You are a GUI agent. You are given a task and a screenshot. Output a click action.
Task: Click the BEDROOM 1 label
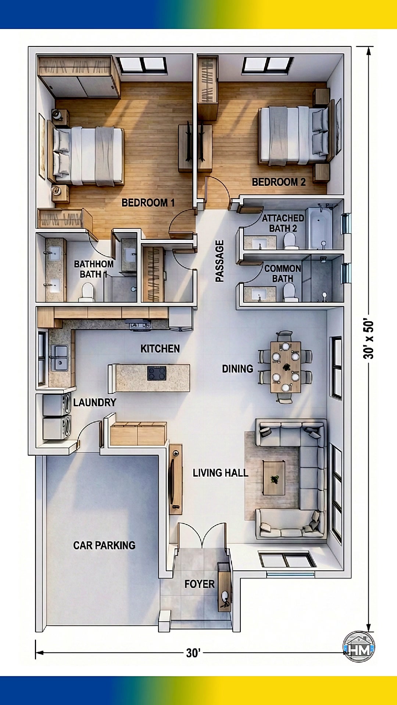pos(148,203)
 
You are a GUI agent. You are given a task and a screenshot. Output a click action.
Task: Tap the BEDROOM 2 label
pos(279,182)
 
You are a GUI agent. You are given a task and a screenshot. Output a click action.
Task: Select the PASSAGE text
pos(219,261)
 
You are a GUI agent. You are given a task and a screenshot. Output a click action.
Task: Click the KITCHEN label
pos(160,348)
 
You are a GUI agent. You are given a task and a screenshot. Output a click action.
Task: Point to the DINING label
pos(237,369)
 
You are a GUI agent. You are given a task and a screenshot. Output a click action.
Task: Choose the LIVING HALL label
pos(221,473)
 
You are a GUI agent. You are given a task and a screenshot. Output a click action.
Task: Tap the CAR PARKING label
pos(104,545)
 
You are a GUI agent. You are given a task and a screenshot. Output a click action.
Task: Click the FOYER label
pos(199,584)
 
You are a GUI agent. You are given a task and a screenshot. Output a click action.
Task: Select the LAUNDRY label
pos(94,402)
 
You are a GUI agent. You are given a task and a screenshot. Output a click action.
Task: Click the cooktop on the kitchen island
pos(157,373)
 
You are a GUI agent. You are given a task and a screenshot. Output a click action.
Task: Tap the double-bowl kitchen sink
pos(59,358)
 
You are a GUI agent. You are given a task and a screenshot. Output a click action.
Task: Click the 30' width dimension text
pos(193,653)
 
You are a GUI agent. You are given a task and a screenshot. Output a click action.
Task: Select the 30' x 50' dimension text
pos(368,338)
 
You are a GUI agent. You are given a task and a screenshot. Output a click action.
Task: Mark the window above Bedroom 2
pos(268,65)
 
